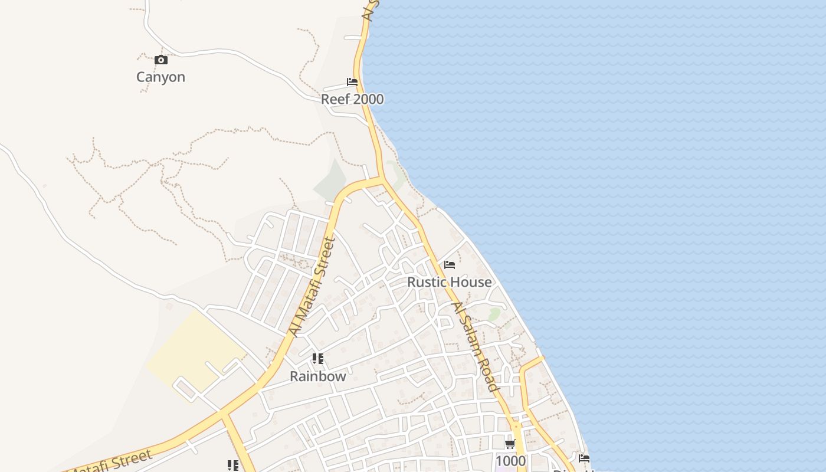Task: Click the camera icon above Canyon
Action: [x=160, y=60]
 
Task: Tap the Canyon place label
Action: [x=160, y=77]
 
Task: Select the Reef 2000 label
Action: [x=352, y=99]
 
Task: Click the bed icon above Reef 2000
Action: [x=352, y=82]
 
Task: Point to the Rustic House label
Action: [x=449, y=282]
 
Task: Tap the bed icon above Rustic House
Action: [x=450, y=265]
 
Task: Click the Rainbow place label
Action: [x=317, y=376]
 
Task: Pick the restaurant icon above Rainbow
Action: [x=318, y=358]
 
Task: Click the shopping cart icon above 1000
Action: [x=510, y=444]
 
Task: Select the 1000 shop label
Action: [x=510, y=460]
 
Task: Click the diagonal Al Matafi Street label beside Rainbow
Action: [x=312, y=287]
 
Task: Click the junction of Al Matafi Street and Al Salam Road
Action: [x=382, y=180]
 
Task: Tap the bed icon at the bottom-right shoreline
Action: [x=584, y=458]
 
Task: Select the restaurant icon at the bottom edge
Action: [x=233, y=466]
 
